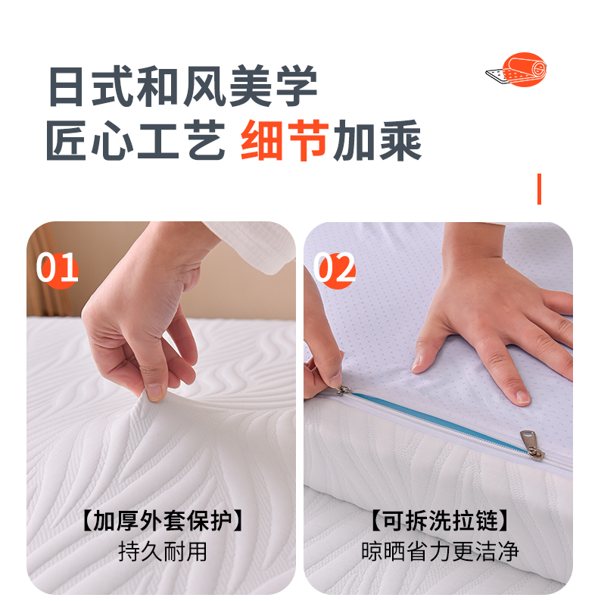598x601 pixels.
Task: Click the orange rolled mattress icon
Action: (x=517, y=70)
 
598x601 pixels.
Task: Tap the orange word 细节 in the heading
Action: (x=285, y=140)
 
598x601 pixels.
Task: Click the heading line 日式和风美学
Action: (x=183, y=86)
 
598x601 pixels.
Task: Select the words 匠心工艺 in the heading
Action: (x=135, y=140)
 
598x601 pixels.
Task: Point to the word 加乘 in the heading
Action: (x=378, y=140)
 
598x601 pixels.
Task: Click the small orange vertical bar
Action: (x=539, y=189)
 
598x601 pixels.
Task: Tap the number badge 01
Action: (x=58, y=268)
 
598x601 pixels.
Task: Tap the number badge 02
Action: (x=335, y=268)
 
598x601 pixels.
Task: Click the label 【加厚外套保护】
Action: (x=163, y=521)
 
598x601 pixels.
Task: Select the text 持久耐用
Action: (x=163, y=552)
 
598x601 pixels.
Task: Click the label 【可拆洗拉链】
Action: (x=440, y=521)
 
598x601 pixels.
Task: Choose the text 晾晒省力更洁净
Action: (x=440, y=552)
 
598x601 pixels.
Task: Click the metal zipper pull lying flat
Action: (x=533, y=445)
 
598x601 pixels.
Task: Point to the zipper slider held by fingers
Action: (x=343, y=390)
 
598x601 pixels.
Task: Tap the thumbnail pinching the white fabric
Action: (x=155, y=392)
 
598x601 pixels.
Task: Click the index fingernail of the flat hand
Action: (x=522, y=396)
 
